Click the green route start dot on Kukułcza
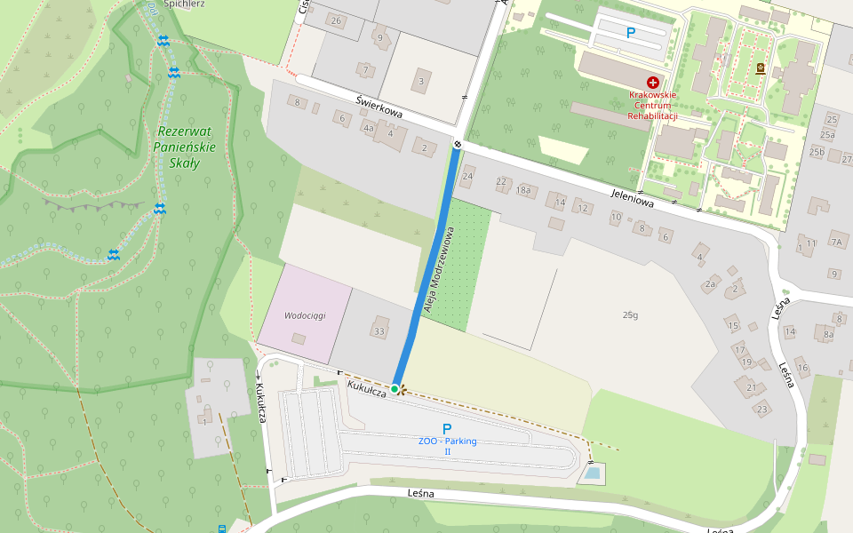pos(395,388)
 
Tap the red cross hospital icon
pos(653,82)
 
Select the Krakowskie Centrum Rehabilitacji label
pos(653,105)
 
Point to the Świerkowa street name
pos(379,108)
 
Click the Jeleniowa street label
pos(632,198)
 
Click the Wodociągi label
pos(306,315)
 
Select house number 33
pos(380,331)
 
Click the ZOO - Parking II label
pos(448,445)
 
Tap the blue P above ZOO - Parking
pos(447,428)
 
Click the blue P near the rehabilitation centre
pos(631,33)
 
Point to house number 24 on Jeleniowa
pos(468,177)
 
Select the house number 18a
pos(523,189)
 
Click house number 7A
pos(836,242)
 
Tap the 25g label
pos(630,315)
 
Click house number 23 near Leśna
pos(761,410)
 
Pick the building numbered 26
pos(335,20)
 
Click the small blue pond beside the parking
pos(592,474)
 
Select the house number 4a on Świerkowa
pos(367,127)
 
